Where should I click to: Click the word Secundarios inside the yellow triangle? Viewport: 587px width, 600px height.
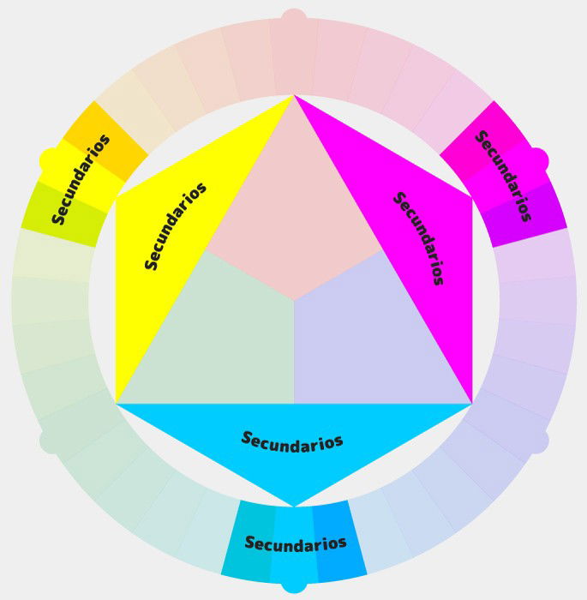177,226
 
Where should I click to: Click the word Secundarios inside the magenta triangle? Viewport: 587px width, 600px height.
418,237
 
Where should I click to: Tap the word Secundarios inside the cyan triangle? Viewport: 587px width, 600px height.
292,441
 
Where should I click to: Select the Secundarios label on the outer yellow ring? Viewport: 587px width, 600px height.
81,178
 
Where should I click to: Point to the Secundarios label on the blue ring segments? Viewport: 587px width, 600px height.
296,543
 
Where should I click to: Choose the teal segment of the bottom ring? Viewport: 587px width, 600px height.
243,542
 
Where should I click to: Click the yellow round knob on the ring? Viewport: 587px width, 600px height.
51,159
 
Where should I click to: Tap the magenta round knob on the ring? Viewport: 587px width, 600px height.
536,159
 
